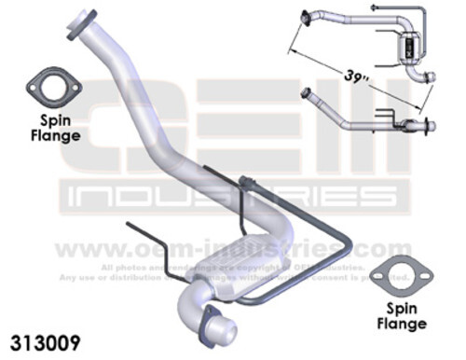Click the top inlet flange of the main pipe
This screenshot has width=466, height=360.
pos(85,25)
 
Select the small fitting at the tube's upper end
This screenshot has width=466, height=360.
pos(248,180)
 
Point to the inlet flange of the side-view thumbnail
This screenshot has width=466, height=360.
pos(306,92)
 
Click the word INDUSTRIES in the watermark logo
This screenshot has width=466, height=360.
pos(232,195)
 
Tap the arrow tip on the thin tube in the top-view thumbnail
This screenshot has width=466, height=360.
pos(373,7)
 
